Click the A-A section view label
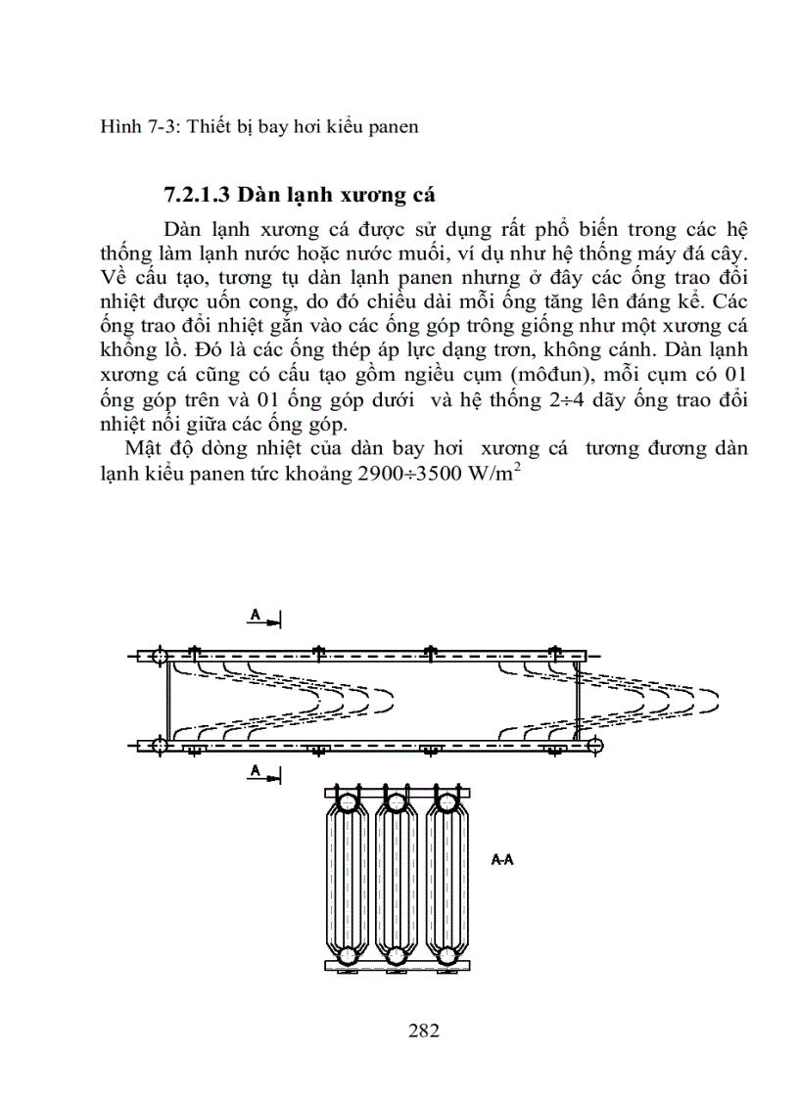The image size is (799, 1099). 502,860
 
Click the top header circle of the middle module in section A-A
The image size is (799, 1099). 397,804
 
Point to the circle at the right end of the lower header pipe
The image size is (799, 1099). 594,747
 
